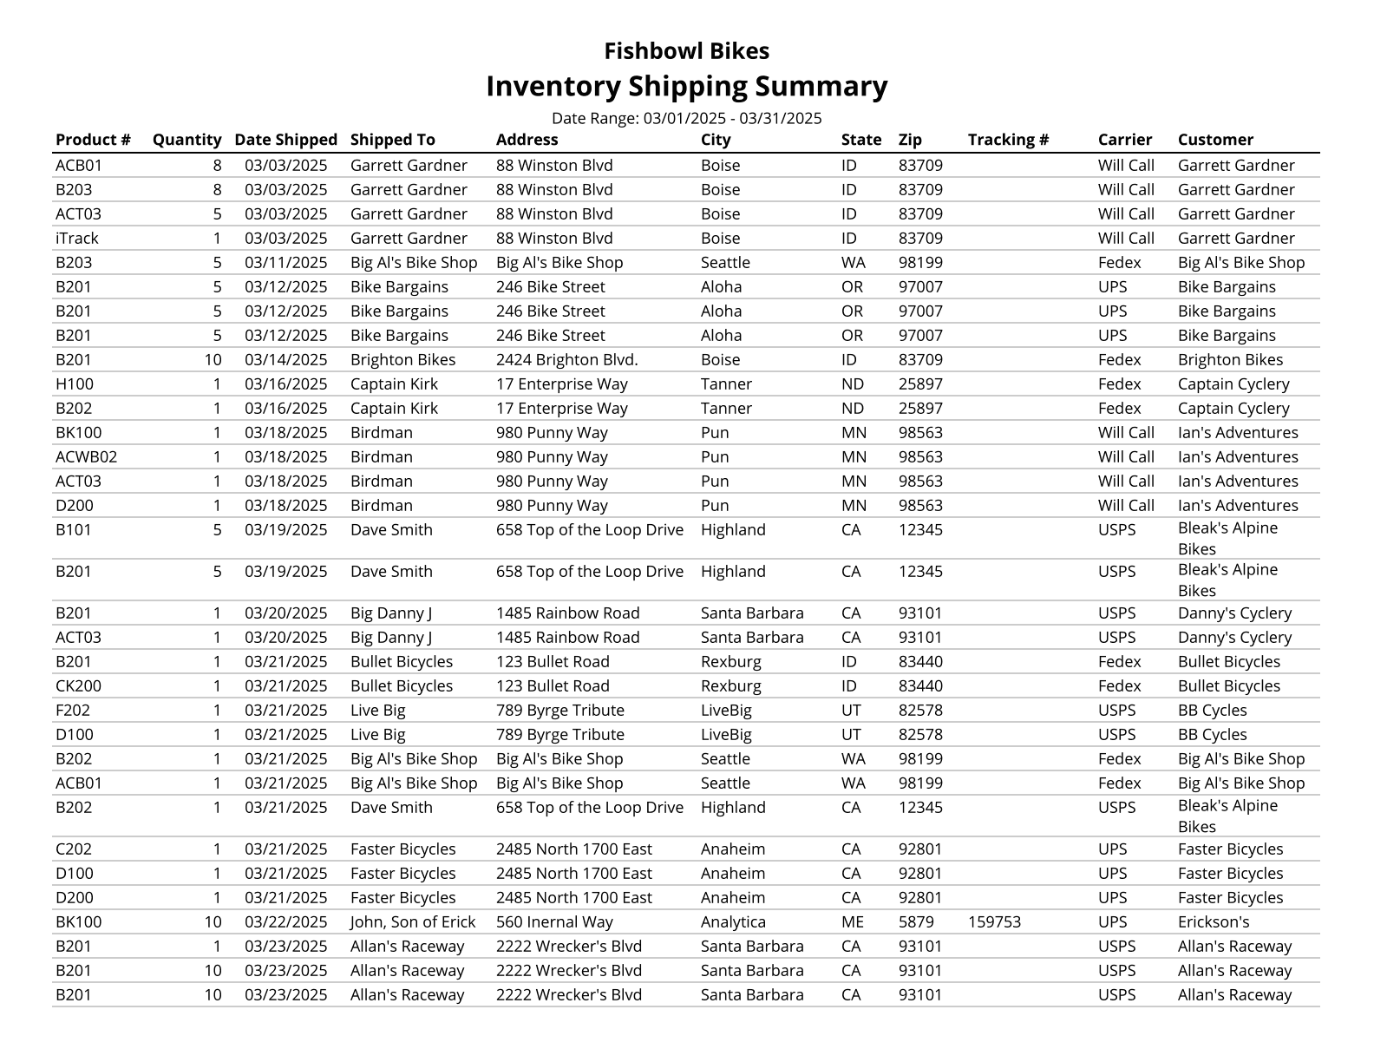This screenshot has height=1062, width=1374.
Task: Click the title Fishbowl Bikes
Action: point(686,51)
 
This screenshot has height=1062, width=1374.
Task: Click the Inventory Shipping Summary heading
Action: point(686,86)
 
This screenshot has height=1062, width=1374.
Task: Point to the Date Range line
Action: point(686,118)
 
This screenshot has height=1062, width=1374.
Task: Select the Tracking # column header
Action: point(1008,140)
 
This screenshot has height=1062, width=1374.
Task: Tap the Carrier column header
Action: point(1124,140)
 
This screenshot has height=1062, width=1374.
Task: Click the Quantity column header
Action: point(186,140)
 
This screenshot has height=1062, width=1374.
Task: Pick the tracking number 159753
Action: point(994,921)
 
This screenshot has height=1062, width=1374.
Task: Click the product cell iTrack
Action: point(77,238)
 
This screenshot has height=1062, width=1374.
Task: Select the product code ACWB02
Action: point(86,456)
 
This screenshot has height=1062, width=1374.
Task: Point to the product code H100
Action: point(75,383)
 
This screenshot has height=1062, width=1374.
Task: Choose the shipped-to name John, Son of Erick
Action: point(413,921)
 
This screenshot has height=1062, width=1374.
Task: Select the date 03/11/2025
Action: point(285,262)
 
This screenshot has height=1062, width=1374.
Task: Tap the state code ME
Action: point(852,921)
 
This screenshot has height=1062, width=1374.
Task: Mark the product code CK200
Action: point(78,685)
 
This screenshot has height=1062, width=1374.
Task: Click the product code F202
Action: point(73,710)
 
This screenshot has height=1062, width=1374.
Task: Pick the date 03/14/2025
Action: point(285,359)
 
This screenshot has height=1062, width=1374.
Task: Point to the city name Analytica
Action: point(733,921)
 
